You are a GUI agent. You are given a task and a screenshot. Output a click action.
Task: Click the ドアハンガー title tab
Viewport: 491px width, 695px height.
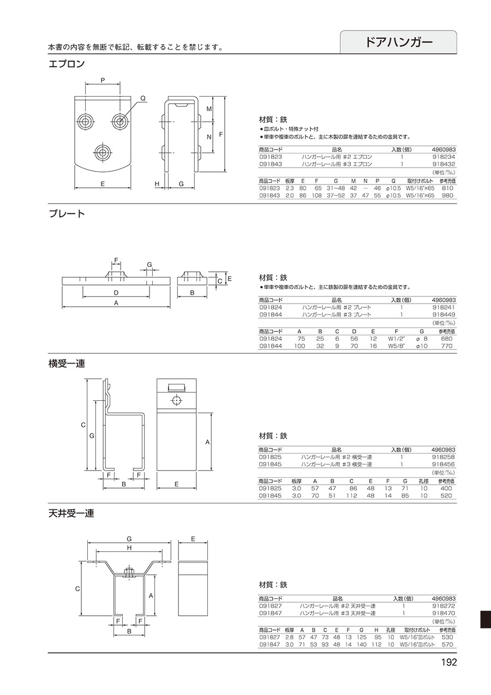coord(398,42)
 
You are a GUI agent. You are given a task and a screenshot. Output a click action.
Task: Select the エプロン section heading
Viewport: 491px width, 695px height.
coord(67,64)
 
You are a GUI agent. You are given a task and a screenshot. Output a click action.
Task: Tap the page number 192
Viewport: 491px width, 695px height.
coord(449,662)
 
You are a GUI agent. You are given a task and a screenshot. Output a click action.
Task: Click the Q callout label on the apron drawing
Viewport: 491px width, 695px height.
coord(143,98)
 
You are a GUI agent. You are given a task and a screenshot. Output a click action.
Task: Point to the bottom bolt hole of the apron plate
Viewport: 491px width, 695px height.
coord(103,152)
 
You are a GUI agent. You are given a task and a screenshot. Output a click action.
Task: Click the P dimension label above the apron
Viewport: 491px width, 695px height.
coord(103,80)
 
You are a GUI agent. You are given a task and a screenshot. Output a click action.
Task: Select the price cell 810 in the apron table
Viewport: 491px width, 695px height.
coord(447,188)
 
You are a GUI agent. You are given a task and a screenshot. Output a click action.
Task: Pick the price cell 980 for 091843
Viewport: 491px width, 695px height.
coord(447,195)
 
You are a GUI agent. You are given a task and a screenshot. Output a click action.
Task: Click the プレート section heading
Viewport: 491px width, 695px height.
coord(67,214)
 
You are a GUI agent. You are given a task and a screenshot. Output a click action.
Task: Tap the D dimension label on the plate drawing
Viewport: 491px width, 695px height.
coord(116,293)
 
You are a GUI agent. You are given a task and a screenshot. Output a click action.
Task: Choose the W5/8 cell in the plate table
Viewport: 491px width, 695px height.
coord(397,346)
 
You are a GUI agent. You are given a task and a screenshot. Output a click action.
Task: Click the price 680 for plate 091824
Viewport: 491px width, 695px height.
coord(447,338)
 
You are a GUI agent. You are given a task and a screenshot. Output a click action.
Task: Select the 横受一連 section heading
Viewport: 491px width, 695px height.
coord(67,364)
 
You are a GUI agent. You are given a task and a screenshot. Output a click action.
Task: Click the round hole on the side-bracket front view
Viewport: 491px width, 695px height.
coord(176,401)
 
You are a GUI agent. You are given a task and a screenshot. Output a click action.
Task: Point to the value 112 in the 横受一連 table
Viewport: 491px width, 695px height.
coord(352,496)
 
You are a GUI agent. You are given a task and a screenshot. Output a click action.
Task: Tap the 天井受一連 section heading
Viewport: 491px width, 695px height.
coord(71,514)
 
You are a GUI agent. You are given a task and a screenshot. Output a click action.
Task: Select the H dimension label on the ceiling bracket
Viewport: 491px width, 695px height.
coord(129,548)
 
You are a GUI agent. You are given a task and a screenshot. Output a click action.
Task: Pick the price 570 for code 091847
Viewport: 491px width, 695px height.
coord(447,644)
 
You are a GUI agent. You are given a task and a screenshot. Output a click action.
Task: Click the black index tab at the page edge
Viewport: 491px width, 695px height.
coord(486,620)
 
